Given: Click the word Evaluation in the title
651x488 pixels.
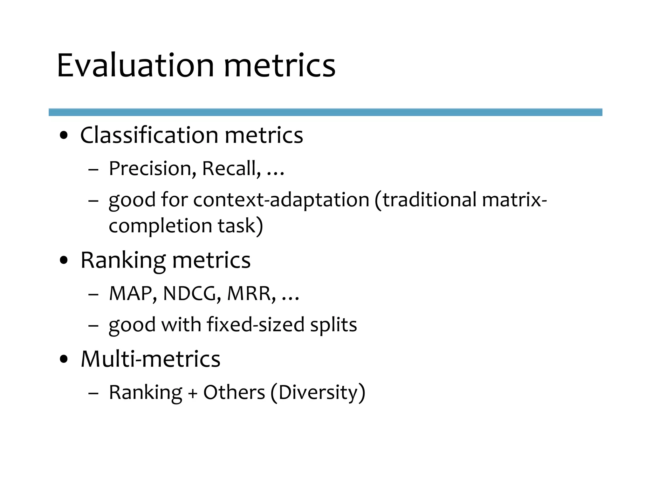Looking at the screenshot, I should point(135,65).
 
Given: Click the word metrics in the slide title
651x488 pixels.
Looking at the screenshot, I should point(279,65).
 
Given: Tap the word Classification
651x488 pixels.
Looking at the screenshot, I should point(149,135).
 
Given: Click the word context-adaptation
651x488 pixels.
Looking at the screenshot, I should point(281,200).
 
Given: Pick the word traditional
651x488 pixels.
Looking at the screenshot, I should point(429,200).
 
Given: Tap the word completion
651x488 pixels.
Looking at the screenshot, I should point(160,226).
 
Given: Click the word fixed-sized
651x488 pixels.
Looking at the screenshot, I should point(255,325).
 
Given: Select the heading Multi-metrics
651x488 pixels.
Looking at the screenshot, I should point(150,359).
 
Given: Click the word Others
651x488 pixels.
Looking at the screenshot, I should point(234,393).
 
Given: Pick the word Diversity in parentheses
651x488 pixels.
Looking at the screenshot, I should point(318,393).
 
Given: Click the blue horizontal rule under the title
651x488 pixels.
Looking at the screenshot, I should point(325,112).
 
